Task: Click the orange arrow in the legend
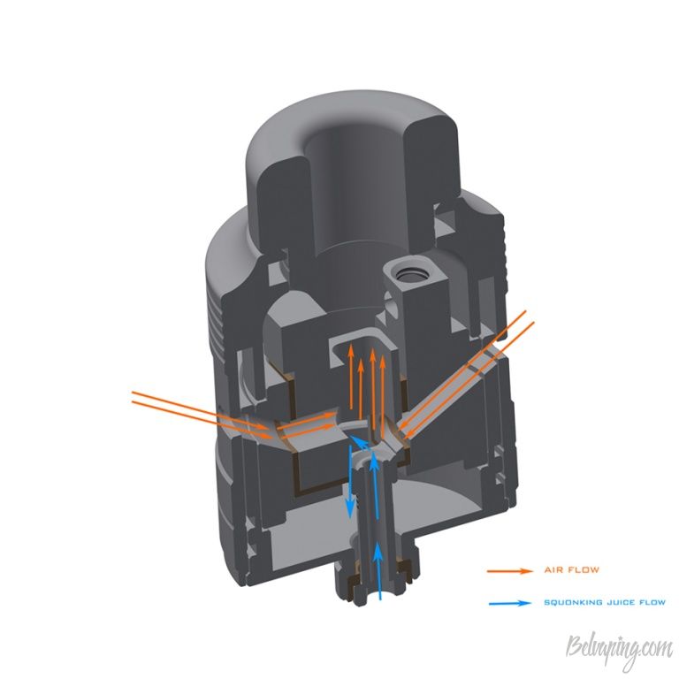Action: coord(509,571)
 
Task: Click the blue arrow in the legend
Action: coord(510,603)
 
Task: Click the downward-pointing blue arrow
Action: coord(350,482)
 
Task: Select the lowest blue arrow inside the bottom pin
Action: coord(379,571)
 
